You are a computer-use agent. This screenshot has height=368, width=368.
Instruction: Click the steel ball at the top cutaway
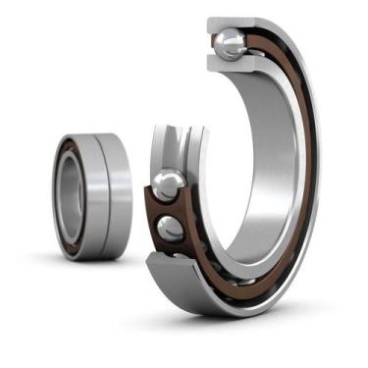tap(230, 42)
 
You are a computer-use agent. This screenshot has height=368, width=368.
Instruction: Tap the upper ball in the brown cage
tap(168, 185)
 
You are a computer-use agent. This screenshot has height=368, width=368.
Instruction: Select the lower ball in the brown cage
tap(169, 229)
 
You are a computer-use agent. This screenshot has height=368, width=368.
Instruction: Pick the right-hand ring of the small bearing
tap(116, 196)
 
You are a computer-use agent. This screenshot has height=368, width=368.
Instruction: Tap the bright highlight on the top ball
tap(226, 37)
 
